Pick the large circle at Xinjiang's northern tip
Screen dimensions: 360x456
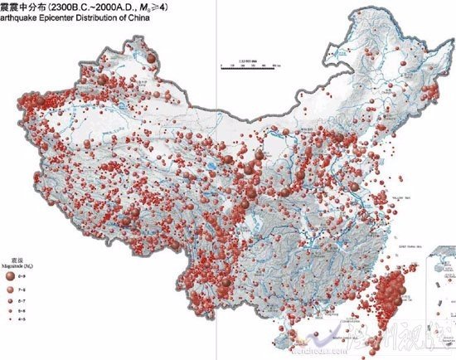(x=153, y=56)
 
